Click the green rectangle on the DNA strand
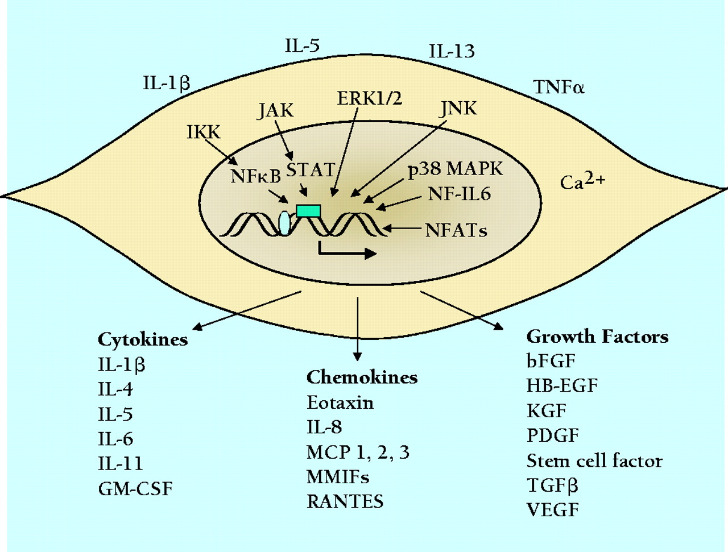click(x=309, y=211)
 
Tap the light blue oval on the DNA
click(x=284, y=223)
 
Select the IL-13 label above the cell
click(x=452, y=52)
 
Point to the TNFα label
click(x=559, y=87)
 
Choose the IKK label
click(x=204, y=132)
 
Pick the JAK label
click(x=276, y=110)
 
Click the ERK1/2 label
click(x=370, y=98)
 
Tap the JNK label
click(x=458, y=108)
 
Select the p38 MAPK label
click(x=456, y=169)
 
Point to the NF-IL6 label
click(x=459, y=194)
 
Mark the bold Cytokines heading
click(x=143, y=339)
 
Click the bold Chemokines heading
click(x=362, y=377)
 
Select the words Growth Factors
click(x=597, y=337)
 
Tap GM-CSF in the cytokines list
click(x=135, y=488)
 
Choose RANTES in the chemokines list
click(x=345, y=501)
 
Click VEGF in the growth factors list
click(x=552, y=509)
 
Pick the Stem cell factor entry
click(x=594, y=460)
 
